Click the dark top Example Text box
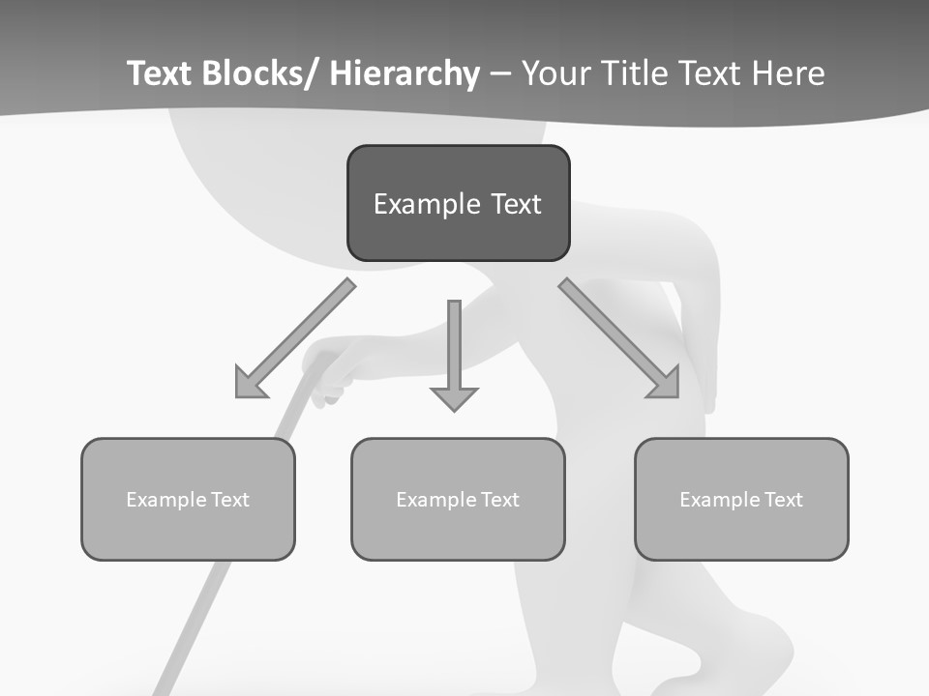click(458, 203)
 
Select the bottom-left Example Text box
click(188, 499)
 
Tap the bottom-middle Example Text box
click(458, 499)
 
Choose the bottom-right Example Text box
click(741, 499)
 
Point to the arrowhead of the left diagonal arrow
click(250, 383)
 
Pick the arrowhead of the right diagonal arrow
click(665, 383)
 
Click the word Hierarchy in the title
click(405, 73)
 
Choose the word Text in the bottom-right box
click(782, 500)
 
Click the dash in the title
click(500, 73)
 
